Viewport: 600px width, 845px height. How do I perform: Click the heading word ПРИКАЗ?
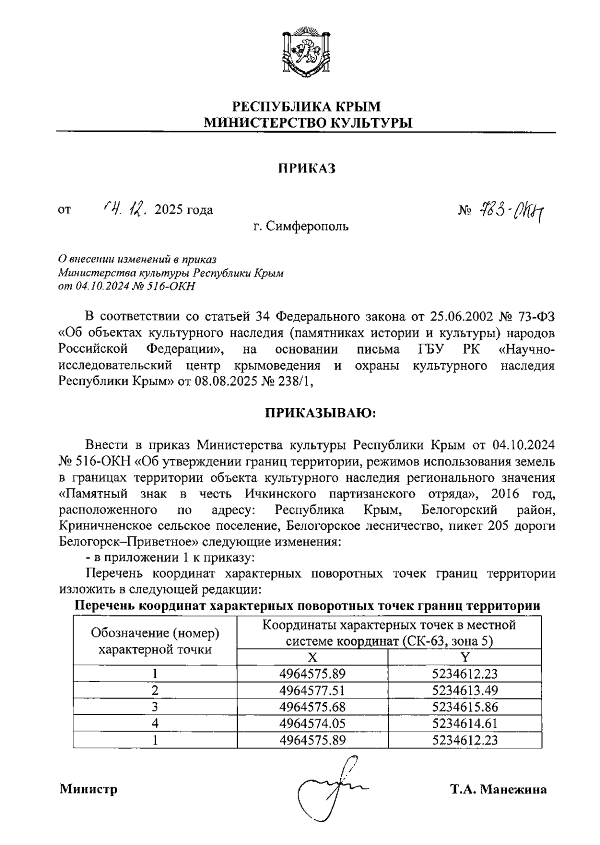pos(306,168)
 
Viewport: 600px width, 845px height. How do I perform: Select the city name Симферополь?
pos(306,226)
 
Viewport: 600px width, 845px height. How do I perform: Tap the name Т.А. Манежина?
pos(498,789)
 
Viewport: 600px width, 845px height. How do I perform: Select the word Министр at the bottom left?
pos(89,789)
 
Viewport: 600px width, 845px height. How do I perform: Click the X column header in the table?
pos(312,657)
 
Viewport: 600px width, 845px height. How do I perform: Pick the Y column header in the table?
pos(464,657)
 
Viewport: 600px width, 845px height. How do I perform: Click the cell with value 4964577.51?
pos(312,690)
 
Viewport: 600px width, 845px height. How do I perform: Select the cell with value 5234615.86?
pos(464,707)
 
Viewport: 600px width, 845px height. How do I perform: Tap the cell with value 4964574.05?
pos(312,723)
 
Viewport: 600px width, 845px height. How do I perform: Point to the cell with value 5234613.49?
pos(464,690)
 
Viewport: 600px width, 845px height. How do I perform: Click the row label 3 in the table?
pos(155,707)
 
